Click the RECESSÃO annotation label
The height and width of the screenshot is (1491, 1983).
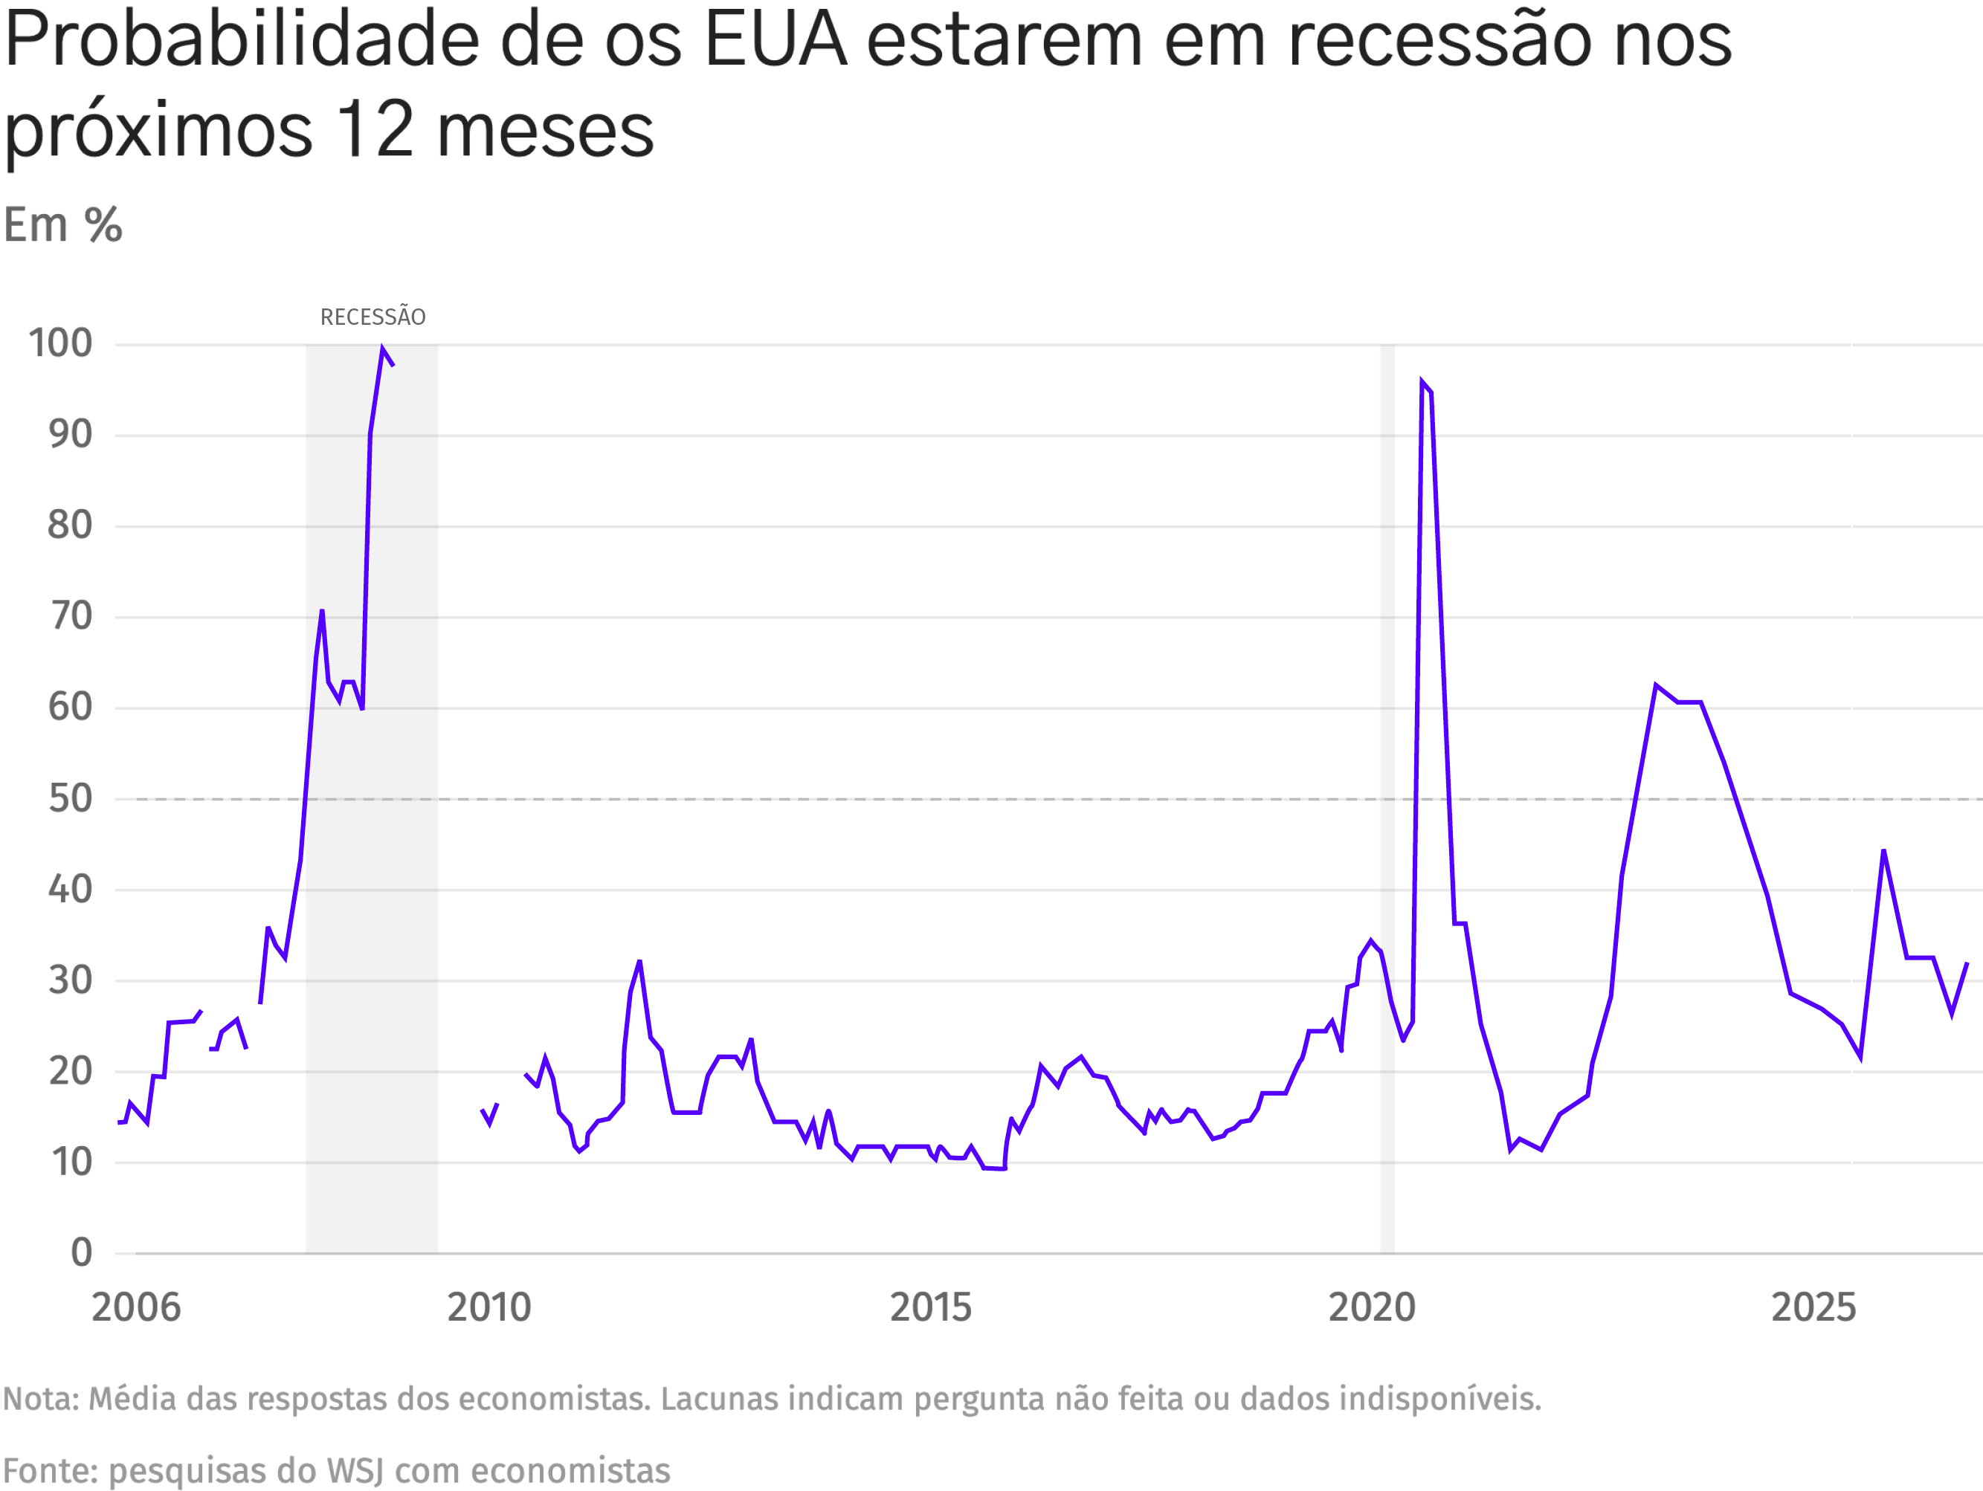coord(373,317)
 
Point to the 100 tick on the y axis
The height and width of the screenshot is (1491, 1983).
coord(60,343)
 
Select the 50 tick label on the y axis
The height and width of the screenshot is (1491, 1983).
coord(70,798)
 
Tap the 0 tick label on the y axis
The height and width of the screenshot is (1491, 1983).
coord(82,1252)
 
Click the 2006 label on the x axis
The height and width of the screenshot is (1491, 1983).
coord(136,1307)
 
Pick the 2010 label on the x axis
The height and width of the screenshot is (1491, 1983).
coord(489,1307)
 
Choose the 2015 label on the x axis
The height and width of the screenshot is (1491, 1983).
coord(931,1307)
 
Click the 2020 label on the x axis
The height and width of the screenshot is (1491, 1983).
coord(1372,1307)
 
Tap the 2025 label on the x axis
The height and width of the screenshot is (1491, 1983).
coord(1813,1307)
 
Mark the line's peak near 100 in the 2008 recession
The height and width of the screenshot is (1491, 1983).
coord(383,349)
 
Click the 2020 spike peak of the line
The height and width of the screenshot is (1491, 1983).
coord(1422,383)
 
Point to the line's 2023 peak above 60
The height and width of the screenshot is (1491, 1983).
coord(1656,685)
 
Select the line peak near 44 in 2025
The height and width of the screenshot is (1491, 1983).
coord(1883,850)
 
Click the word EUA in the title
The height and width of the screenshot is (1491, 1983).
coord(776,40)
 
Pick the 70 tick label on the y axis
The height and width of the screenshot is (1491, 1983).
coord(70,616)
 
